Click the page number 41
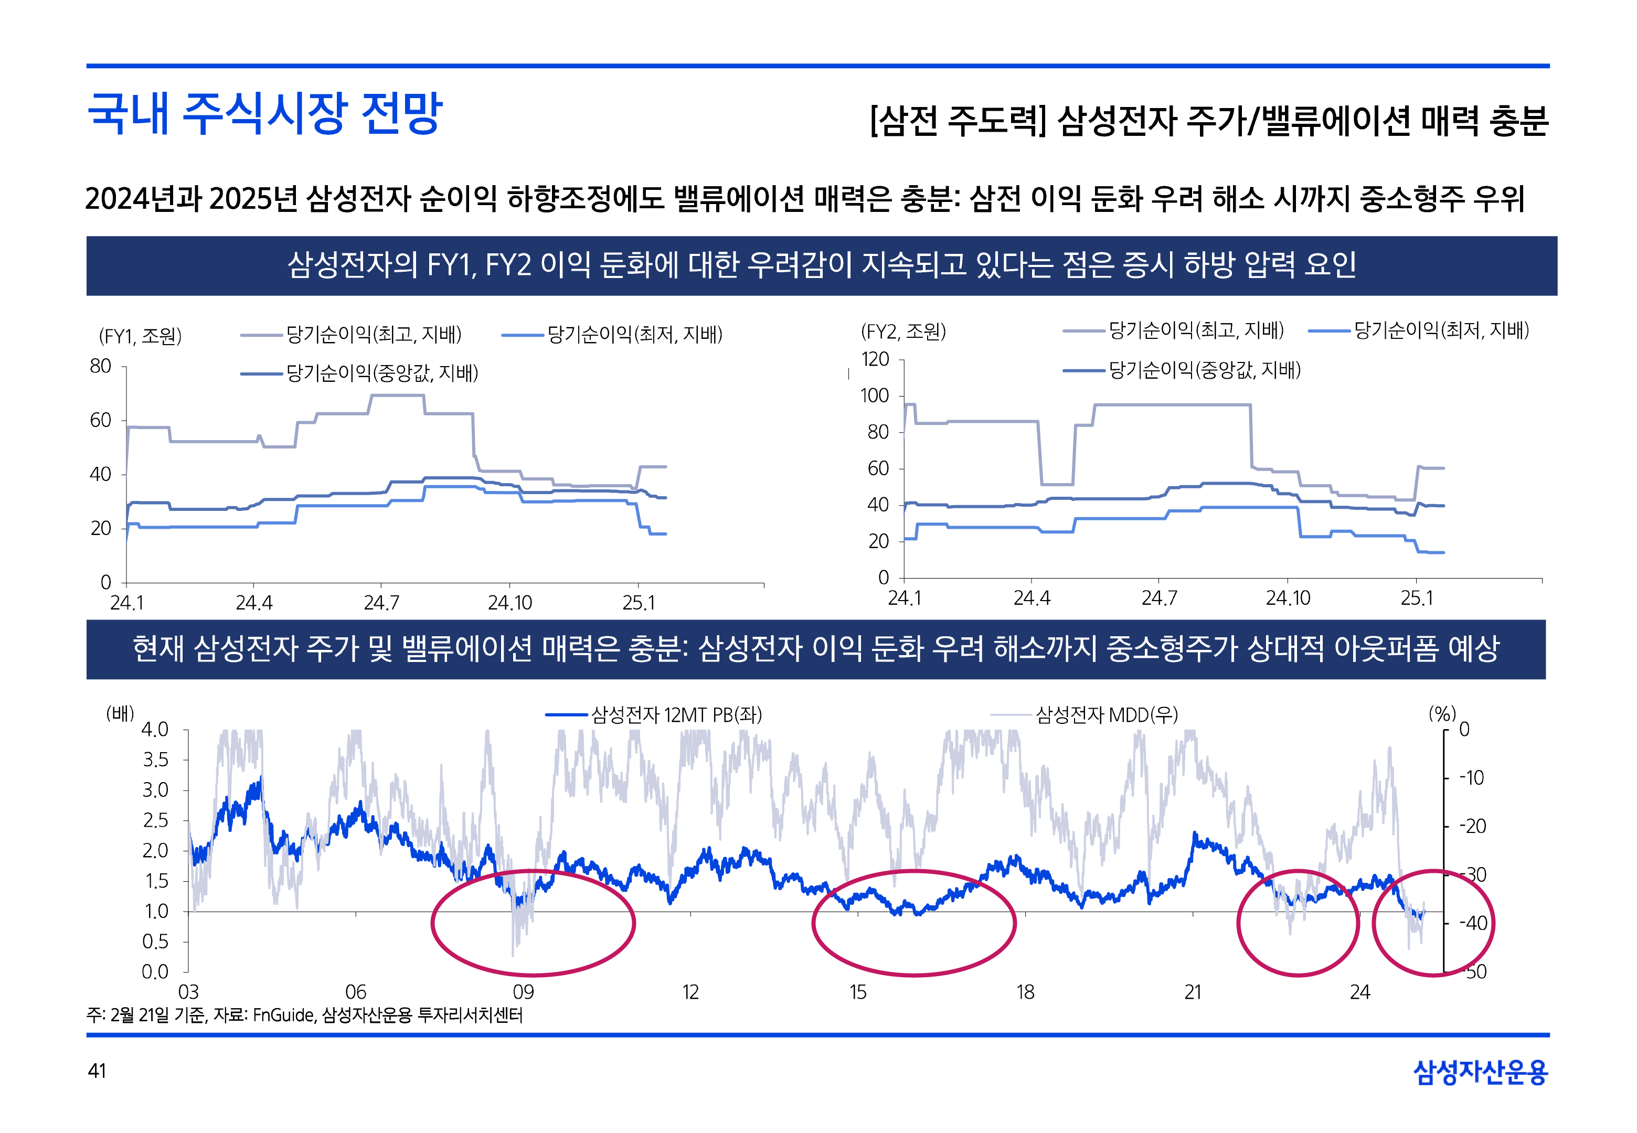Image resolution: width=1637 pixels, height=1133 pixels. pyautogui.click(x=97, y=1071)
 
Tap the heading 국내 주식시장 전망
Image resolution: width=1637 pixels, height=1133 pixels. pyautogui.click(x=264, y=114)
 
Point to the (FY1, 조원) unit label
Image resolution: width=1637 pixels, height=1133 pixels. pyautogui.click(x=140, y=336)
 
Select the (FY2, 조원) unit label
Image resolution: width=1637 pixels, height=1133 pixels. pyautogui.click(x=903, y=332)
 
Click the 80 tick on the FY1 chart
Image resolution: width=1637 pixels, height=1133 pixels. pyautogui.click(x=101, y=366)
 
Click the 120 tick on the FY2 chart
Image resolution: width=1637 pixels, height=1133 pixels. pyautogui.click(x=875, y=359)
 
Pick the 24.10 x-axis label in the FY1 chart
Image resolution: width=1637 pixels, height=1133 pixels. pyautogui.click(x=509, y=603)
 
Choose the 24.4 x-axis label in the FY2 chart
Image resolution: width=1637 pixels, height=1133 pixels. pyautogui.click(x=1031, y=598)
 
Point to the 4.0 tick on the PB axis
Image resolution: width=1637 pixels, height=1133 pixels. pyautogui.click(x=155, y=730)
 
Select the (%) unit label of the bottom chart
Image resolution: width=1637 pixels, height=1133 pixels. pyautogui.click(x=1442, y=713)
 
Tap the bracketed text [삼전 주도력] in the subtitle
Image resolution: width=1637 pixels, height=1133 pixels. pyautogui.click(x=958, y=121)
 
